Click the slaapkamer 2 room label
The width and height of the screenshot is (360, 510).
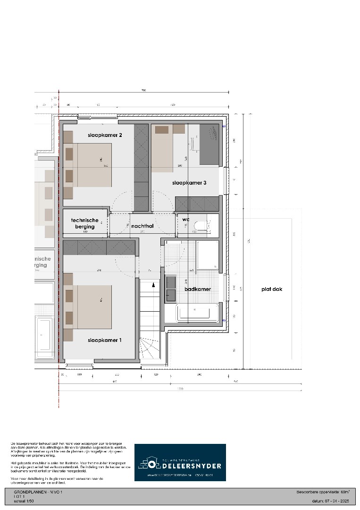pos(105,136)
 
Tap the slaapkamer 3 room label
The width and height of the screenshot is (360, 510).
pos(189,183)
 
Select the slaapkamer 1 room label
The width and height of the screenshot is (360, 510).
pos(105,340)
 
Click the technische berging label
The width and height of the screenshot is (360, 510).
pos(85,223)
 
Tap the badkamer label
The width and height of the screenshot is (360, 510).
pos(197,289)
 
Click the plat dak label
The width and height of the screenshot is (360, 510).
pos(272,289)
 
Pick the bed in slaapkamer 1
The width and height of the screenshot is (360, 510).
pos(90,307)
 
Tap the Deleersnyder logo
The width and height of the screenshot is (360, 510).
pos(180,462)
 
